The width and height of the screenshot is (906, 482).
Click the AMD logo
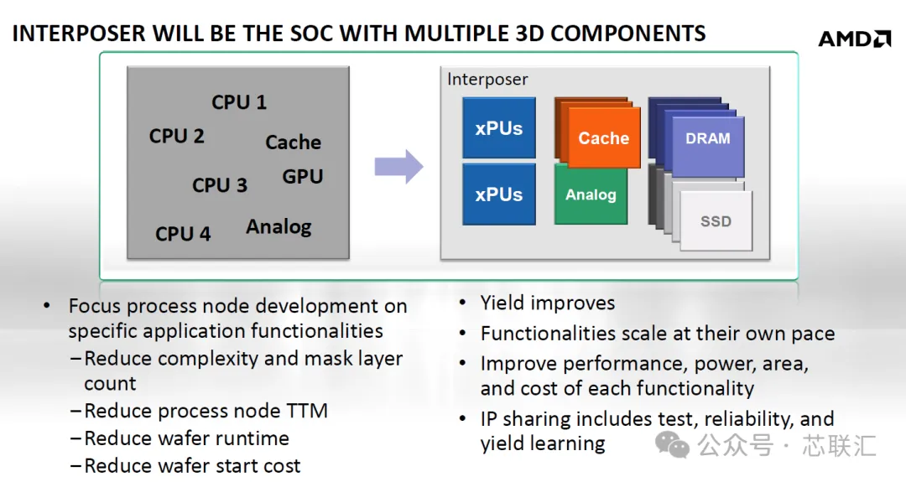click(855, 39)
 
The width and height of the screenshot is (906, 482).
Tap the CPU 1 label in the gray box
click(238, 102)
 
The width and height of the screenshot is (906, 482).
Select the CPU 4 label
click(183, 234)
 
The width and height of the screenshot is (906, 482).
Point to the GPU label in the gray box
click(302, 177)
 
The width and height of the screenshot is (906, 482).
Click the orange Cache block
click(604, 138)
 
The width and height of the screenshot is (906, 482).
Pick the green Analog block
click(591, 195)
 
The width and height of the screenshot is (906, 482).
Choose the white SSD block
click(716, 221)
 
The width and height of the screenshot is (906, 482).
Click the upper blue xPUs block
click(498, 127)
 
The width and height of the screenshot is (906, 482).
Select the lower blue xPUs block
click(498, 194)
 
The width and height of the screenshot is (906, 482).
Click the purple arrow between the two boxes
click(398, 167)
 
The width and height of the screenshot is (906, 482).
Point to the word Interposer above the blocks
click(487, 79)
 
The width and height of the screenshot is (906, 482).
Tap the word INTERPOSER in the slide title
click(80, 34)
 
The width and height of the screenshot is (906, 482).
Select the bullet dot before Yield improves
click(463, 303)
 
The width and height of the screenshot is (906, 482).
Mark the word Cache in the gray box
click(293, 143)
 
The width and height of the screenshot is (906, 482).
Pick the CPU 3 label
click(220, 185)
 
